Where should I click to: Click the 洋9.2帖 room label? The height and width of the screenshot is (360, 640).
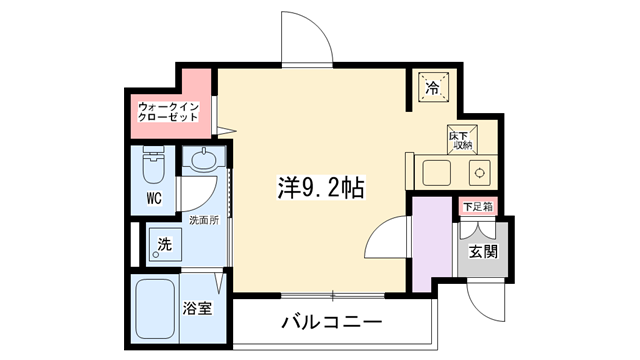tap(321, 188)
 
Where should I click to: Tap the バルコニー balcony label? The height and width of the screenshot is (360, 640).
tap(332, 322)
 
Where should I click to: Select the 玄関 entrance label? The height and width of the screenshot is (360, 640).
tap(483, 251)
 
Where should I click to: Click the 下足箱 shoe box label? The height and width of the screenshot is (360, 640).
tap(478, 207)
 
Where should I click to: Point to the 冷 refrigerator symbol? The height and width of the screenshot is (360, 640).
tap(433, 87)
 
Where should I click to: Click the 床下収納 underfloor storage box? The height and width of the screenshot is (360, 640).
tap(462, 140)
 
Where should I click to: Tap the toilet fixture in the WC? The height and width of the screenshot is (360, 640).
tap(154, 166)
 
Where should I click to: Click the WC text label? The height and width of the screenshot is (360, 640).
tap(154, 198)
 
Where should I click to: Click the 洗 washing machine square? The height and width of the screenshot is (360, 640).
tap(165, 244)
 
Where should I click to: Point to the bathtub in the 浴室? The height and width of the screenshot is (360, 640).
tap(155, 309)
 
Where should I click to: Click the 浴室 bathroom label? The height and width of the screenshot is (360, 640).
tap(197, 308)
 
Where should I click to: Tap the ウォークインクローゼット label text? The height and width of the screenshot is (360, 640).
tap(168, 112)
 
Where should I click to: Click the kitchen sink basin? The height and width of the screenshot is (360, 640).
tap(436, 173)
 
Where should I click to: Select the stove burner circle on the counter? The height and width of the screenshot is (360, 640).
tap(480, 173)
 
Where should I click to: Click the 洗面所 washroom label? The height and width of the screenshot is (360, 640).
tap(204, 220)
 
